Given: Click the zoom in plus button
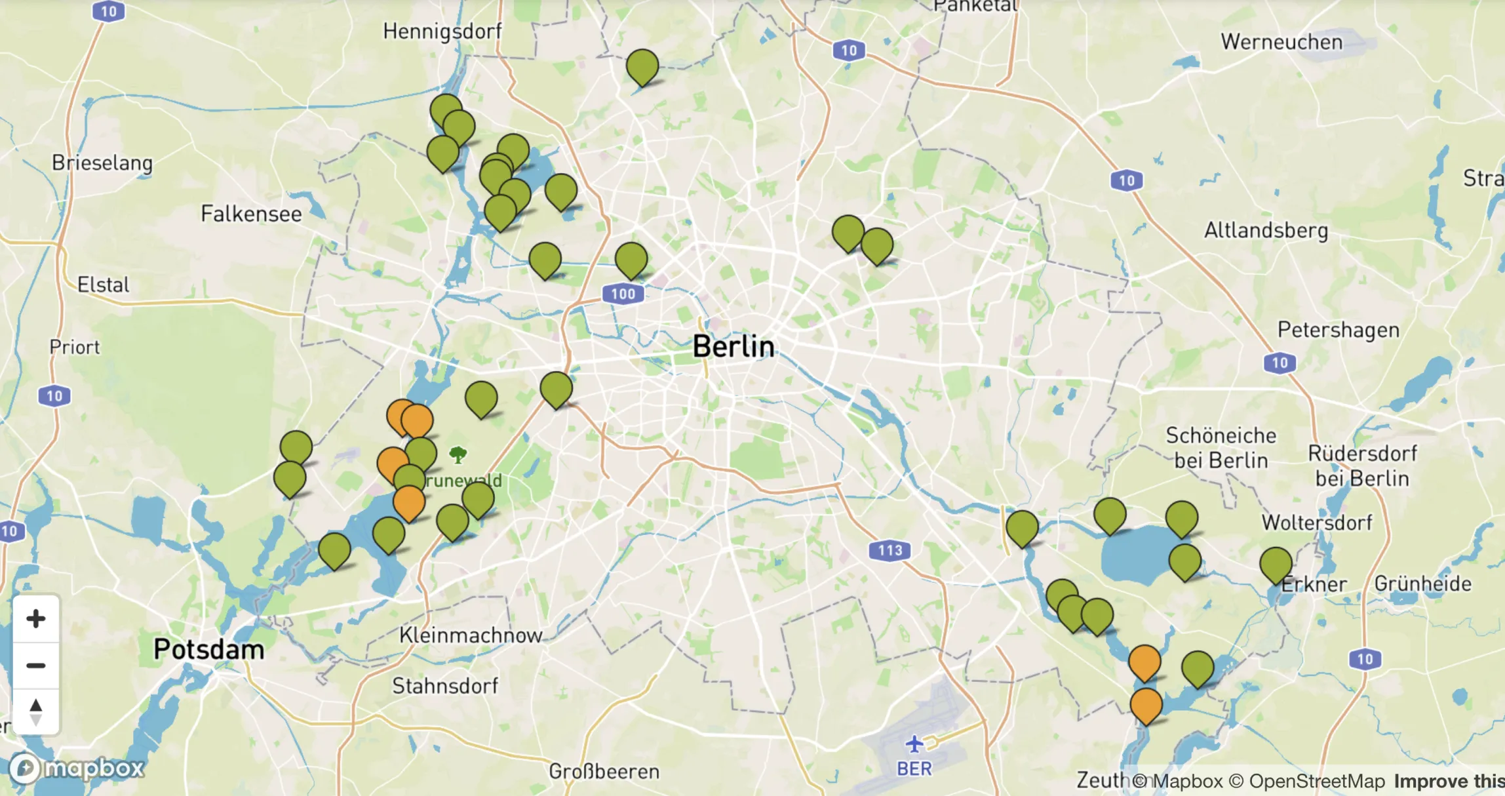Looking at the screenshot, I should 36,618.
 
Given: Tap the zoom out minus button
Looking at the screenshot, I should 36,666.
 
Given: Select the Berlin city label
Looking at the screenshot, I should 733,346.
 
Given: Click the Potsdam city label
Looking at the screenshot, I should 208,649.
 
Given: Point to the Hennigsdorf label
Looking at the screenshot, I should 442,31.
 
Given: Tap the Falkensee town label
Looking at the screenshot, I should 251,214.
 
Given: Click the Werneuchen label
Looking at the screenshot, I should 1281,42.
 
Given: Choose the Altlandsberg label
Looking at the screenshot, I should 1266,230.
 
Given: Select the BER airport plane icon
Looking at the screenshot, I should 914,744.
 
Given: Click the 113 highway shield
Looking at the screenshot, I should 889,550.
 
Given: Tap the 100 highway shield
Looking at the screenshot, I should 623,294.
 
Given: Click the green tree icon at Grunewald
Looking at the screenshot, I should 458,454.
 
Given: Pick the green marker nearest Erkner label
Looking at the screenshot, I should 1276,564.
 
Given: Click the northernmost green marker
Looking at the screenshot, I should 642,66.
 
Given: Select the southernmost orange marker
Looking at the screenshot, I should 1146,704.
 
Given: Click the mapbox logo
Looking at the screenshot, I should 77,768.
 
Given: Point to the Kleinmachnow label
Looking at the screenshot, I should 471,635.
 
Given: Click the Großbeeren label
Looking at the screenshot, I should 604,772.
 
